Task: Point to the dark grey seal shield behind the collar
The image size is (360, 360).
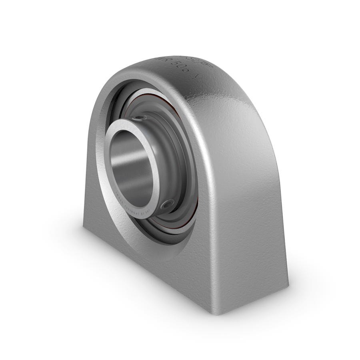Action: [x=176, y=160]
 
